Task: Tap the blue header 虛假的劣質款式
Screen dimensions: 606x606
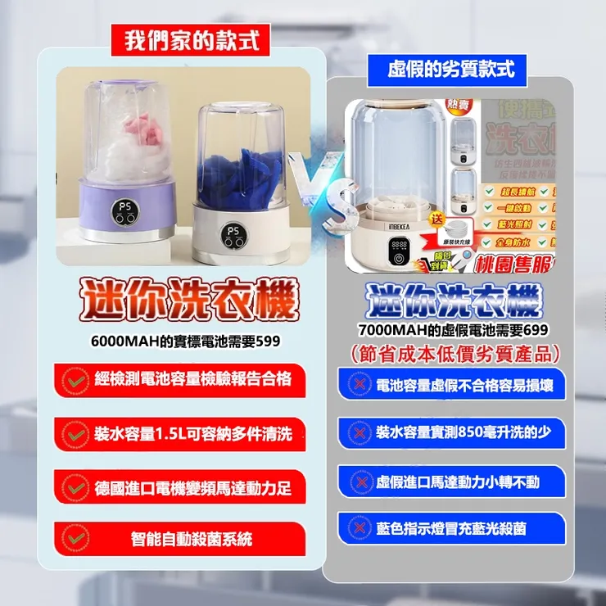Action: coord(452,70)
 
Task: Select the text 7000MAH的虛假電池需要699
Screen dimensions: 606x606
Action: coord(453,330)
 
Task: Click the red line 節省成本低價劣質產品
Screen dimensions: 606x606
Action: coord(453,354)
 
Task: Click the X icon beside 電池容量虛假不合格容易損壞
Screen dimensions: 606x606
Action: coord(356,385)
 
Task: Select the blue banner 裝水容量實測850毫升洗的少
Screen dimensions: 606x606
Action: coord(452,432)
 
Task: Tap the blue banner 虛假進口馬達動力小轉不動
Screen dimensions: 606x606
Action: coord(452,482)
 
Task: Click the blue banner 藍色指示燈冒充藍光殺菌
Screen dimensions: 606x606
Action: coord(452,529)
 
